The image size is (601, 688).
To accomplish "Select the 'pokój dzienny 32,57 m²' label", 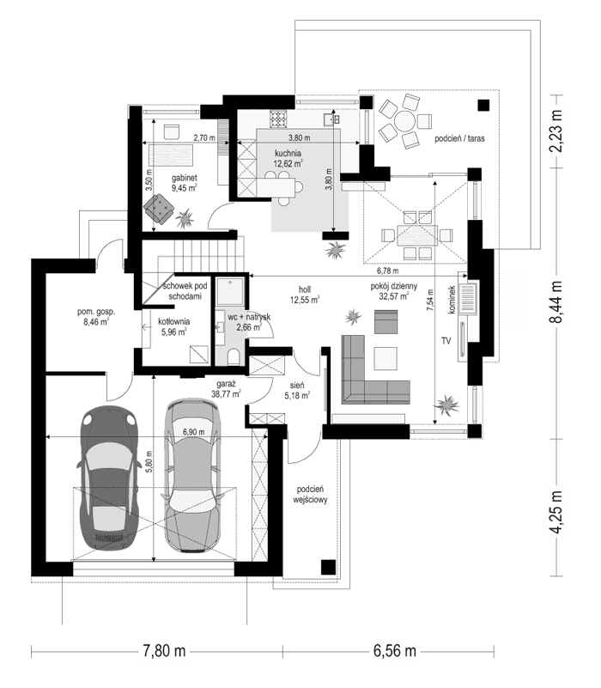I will pos(394,291).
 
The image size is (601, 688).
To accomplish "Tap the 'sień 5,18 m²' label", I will pos(296,391).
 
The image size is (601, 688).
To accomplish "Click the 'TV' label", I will pos(446,341).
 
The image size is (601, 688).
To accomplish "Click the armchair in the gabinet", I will pos(158,207).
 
